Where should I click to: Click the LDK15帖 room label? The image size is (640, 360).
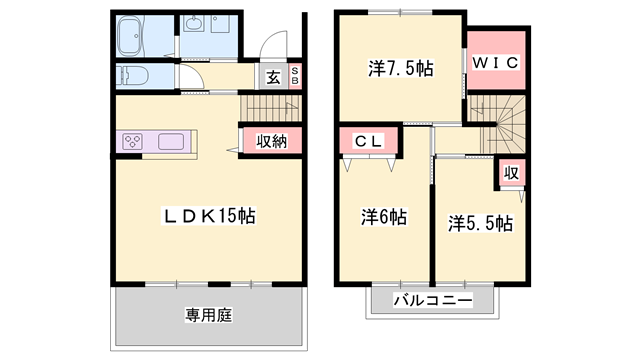coord(209,215)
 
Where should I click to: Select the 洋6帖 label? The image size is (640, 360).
coord(383,217)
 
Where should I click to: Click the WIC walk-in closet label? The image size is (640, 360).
coord(494,63)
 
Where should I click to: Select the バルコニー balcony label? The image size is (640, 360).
coord(432,300)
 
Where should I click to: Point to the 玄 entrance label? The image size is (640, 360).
coord(273,77)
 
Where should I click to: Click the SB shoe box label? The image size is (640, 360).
coord(295,77)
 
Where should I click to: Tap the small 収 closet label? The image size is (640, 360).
coord(510,173)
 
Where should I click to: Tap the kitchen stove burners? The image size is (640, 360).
coord(133,142)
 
